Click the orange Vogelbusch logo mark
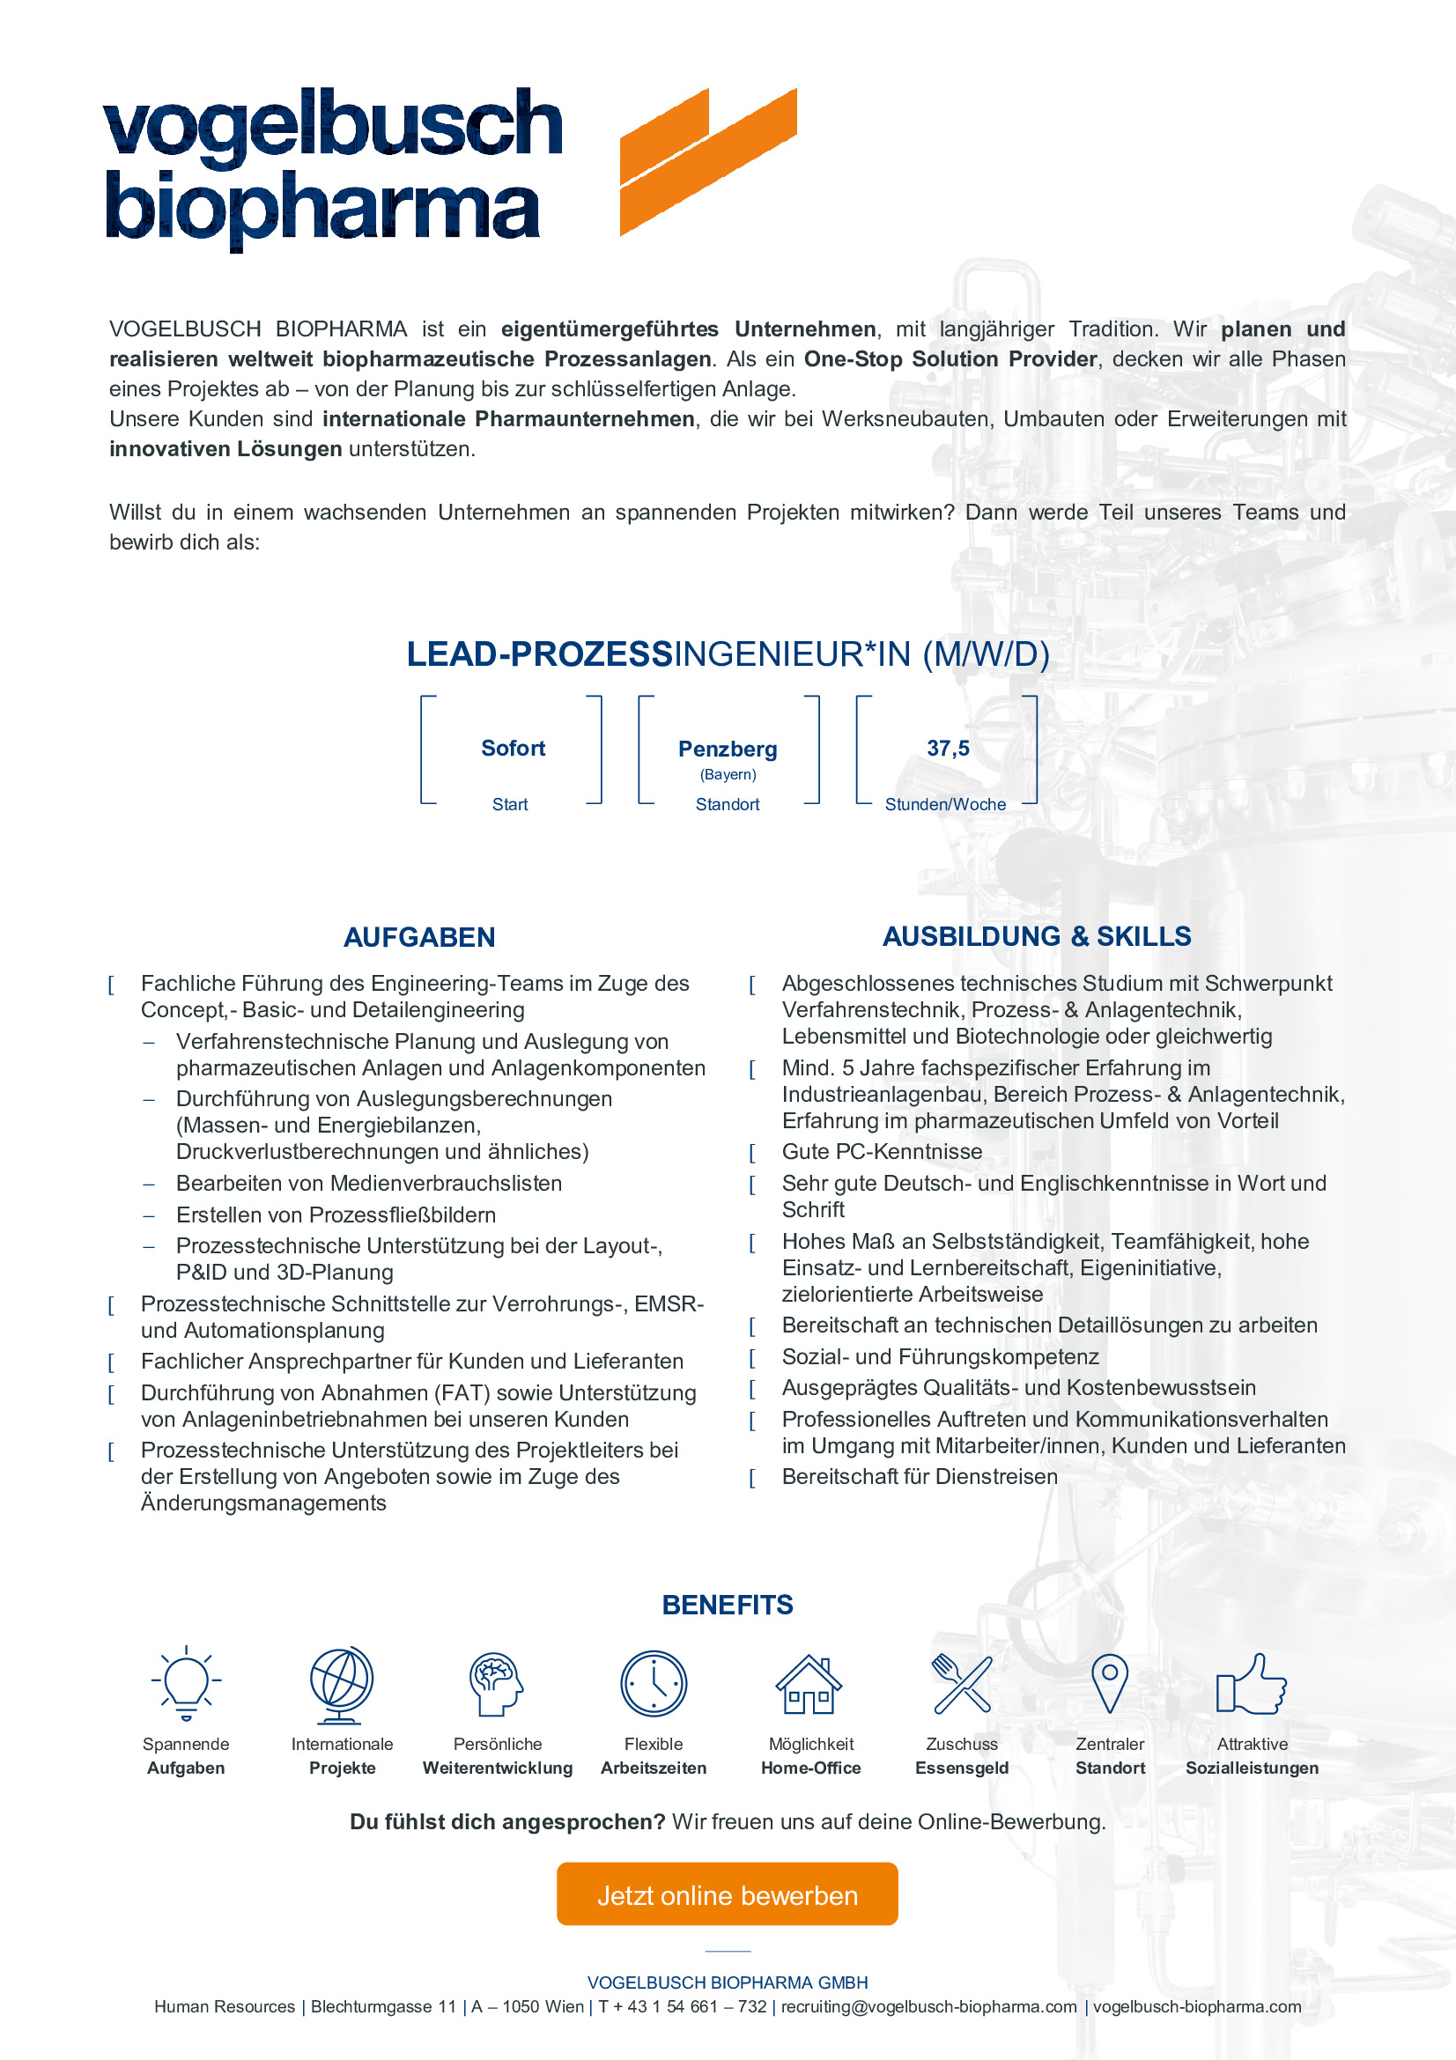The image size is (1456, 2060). [x=708, y=161]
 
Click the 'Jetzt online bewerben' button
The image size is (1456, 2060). [x=727, y=1895]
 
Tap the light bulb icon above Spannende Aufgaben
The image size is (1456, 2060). [x=186, y=1682]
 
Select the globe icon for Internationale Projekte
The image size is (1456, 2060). [x=341, y=1684]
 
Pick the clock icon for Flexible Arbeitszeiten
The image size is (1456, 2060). [x=653, y=1684]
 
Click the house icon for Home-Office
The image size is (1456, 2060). [x=809, y=1684]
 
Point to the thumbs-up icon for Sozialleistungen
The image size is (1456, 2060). [x=1251, y=1684]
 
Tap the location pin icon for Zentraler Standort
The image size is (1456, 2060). [x=1110, y=1682]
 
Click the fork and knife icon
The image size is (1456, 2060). [x=962, y=1683]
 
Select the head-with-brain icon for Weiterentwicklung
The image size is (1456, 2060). [x=496, y=1684]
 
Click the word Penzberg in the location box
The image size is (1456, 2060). [x=728, y=749]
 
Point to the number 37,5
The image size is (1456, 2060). [x=948, y=749]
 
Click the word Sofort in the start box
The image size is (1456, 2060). [x=514, y=749]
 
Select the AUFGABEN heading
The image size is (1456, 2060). [x=419, y=937]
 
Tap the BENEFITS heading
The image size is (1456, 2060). [x=728, y=1604]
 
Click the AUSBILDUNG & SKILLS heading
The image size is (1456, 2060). [x=1036, y=936]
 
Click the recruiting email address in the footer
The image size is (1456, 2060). [x=928, y=2006]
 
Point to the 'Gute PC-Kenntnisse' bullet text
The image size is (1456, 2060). [x=882, y=1151]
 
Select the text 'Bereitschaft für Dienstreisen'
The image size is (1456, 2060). [x=920, y=1476]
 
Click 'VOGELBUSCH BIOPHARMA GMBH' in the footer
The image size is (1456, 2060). [x=728, y=1982]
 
